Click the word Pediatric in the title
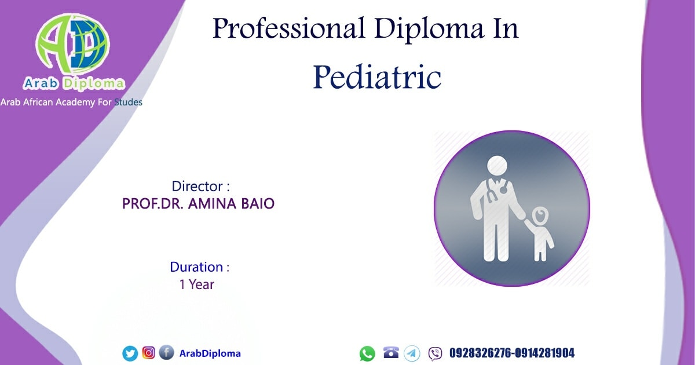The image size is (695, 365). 377,77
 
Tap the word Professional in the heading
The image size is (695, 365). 288,29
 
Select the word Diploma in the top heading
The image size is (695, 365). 429,29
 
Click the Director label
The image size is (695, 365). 201,186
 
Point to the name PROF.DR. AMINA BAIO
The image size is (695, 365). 198,203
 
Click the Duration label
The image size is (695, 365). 199,267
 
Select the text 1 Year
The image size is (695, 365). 197,284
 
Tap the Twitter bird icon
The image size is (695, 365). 130,353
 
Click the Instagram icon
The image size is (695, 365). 149,353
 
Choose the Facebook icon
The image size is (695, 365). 167,352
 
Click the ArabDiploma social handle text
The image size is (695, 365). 210,353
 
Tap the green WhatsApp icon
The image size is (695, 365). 367,354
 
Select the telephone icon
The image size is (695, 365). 391,352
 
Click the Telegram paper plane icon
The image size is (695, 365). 412,353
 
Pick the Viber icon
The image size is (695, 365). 436,354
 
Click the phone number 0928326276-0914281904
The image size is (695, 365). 512,353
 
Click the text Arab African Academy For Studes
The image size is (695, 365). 71,102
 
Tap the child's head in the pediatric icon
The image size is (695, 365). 540,216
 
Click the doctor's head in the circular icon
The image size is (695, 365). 497,166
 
